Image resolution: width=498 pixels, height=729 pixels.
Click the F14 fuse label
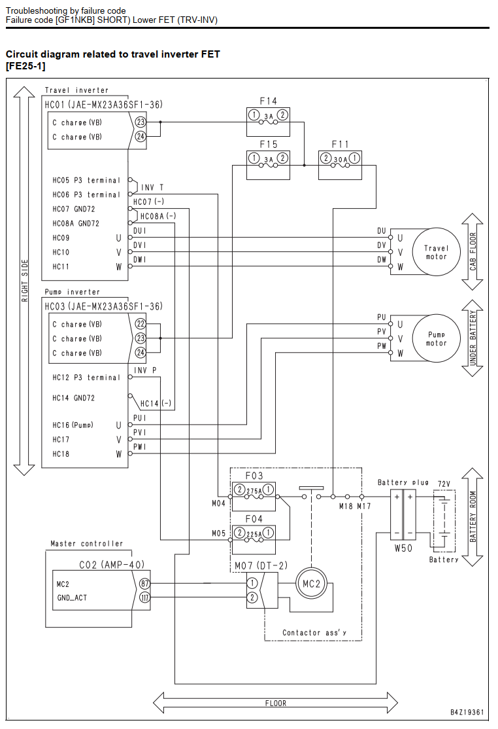pyautogui.click(x=268, y=101)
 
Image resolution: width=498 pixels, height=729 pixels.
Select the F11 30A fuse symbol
pyautogui.click(x=340, y=159)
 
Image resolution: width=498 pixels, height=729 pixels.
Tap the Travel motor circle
pyautogui.click(x=436, y=252)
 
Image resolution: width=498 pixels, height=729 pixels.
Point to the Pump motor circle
pyautogui.click(x=436, y=338)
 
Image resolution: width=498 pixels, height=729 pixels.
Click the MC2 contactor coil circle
pyautogui.click(x=312, y=584)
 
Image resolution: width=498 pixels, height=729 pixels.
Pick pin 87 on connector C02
pyautogui.click(x=145, y=584)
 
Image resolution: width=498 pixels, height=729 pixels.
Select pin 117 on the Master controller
pyautogui.click(x=145, y=597)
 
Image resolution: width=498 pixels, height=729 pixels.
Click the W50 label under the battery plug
pyautogui.click(x=403, y=548)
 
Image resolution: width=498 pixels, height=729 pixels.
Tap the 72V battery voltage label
pyautogui.click(x=444, y=484)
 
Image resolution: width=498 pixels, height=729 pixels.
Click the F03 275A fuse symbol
pyautogui.click(x=254, y=490)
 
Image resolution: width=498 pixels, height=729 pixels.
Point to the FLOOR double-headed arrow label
pyautogui.click(x=276, y=703)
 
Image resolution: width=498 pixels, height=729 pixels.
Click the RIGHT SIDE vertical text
pyautogui.click(x=25, y=280)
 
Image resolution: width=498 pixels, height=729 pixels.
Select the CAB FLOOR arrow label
pyautogui.click(x=473, y=251)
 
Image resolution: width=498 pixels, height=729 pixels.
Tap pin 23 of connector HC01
pyautogui.click(x=140, y=122)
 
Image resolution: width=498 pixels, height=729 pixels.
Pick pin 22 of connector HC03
pyautogui.click(x=140, y=324)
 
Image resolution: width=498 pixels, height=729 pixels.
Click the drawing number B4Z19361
pyautogui.click(x=467, y=712)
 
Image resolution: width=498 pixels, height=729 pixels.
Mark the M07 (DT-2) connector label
pyautogui.click(x=261, y=566)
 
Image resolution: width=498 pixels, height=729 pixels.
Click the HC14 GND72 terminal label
pyautogui.click(x=73, y=398)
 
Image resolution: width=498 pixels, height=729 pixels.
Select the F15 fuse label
pyautogui.click(x=268, y=144)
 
